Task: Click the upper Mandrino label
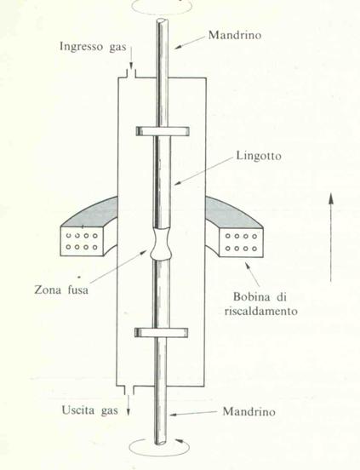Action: point(235,35)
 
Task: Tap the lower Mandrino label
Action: point(249,411)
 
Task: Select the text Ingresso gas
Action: point(93,47)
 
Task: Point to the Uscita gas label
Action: point(90,410)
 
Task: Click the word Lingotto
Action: point(259,156)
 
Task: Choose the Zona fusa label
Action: point(61,289)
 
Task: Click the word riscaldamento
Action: point(261,311)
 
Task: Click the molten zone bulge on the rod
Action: point(161,244)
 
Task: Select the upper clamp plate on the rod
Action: point(163,131)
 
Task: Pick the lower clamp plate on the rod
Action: point(162,332)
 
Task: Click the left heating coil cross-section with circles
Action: point(83,241)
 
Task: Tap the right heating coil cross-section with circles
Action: point(241,242)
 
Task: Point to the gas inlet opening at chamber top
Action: point(131,74)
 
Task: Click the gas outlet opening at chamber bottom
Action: point(129,390)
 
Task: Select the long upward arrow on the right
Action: point(331,238)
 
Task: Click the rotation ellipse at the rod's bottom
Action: point(159,448)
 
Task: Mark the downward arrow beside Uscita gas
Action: point(129,405)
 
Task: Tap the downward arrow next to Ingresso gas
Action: point(131,56)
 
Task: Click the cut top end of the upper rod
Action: point(162,21)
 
